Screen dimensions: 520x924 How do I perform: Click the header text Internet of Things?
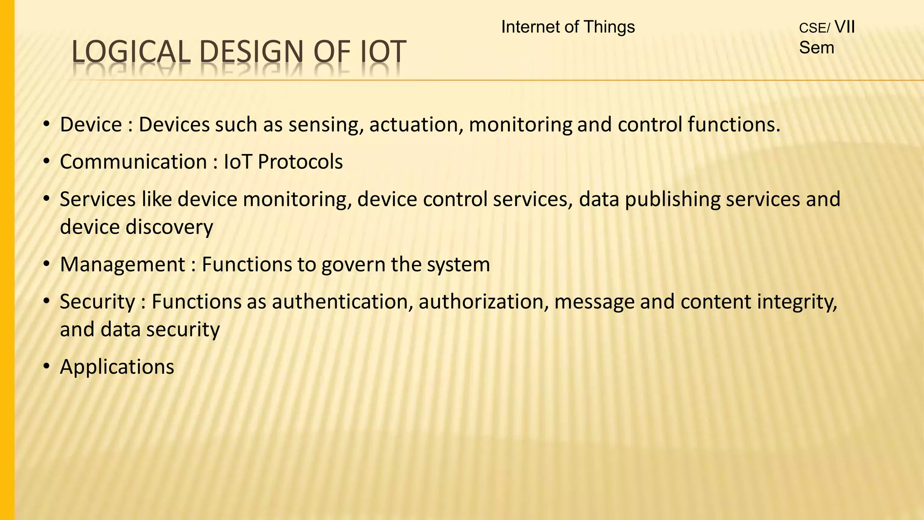click(568, 27)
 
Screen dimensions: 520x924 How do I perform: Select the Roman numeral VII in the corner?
click(845, 27)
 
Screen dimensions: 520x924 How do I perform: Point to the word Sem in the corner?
click(817, 48)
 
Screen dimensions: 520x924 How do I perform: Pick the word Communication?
click(133, 162)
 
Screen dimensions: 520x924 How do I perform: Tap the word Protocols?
click(300, 162)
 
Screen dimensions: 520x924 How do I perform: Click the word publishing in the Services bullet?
click(672, 200)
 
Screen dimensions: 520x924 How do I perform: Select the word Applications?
click(117, 367)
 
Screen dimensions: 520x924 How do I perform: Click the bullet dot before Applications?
click(46, 367)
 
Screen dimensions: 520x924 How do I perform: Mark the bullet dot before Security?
click(46, 302)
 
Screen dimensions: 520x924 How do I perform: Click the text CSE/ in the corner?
click(814, 28)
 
